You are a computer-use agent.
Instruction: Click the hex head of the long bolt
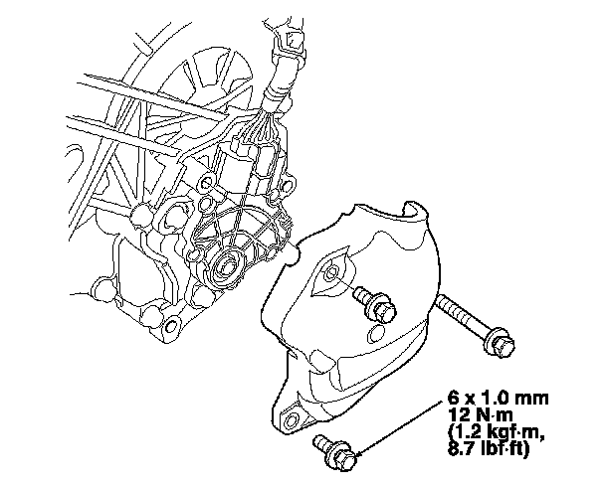pyautogui.click(x=502, y=342)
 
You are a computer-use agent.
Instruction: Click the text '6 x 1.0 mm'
pyautogui.click(x=498, y=398)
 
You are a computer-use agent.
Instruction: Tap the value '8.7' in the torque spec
pyautogui.click(x=460, y=449)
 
